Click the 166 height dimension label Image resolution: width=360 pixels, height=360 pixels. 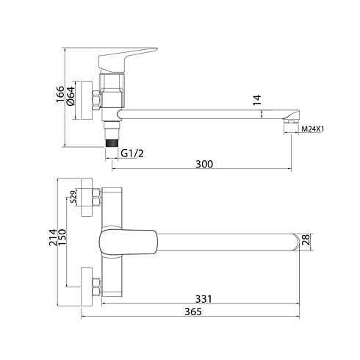[60, 94]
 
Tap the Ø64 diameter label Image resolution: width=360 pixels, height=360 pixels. [71, 96]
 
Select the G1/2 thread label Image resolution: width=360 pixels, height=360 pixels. [132, 154]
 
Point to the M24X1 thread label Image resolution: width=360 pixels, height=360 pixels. [312, 129]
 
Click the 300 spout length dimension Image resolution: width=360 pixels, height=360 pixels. [204, 164]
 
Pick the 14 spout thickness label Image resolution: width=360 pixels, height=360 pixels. [257, 100]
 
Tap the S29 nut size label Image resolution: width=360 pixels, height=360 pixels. [73, 197]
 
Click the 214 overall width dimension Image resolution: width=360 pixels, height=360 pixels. [53, 237]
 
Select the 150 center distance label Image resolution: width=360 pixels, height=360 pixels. [62, 237]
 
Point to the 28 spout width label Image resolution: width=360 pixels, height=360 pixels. [306, 240]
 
